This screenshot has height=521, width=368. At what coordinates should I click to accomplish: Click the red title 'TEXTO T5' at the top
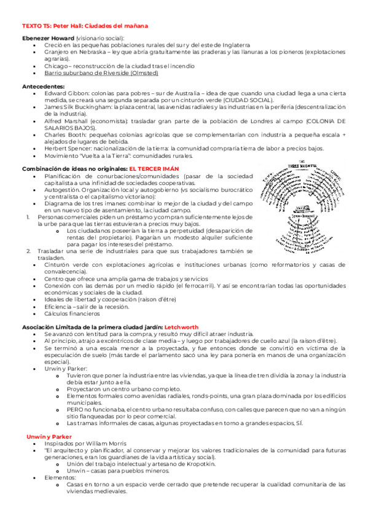(37, 26)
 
